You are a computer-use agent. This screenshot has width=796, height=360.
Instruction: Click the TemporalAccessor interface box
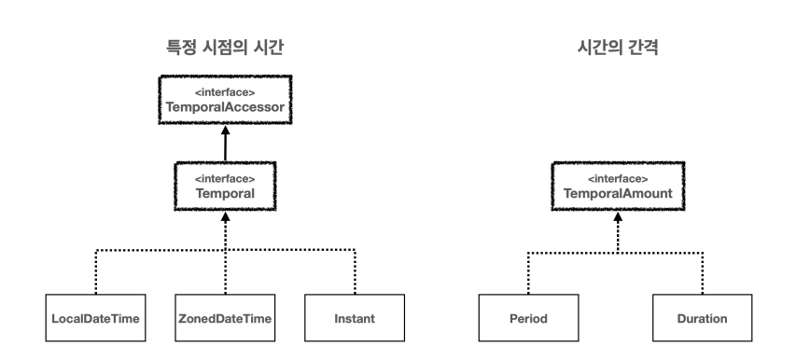(225, 103)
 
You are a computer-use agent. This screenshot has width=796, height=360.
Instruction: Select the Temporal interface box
(225, 186)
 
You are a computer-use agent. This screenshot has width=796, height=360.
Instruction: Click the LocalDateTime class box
(95, 318)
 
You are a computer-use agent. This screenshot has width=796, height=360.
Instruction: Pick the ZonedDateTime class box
(225, 318)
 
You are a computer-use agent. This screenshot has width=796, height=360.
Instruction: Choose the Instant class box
(355, 318)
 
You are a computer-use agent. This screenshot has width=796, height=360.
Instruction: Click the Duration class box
(702, 318)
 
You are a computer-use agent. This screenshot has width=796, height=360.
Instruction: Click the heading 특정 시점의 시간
(225, 45)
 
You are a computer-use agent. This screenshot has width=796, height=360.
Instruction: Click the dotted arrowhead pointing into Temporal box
(225, 215)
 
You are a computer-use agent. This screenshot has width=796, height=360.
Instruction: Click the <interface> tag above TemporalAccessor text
(225, 93)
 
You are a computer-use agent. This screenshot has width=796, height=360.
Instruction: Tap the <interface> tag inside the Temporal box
(225, 176)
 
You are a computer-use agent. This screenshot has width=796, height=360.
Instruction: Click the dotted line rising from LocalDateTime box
(95, 272)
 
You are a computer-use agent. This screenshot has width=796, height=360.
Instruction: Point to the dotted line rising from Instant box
(356, 272)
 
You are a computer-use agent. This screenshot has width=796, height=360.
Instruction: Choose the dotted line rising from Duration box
(702, 272)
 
